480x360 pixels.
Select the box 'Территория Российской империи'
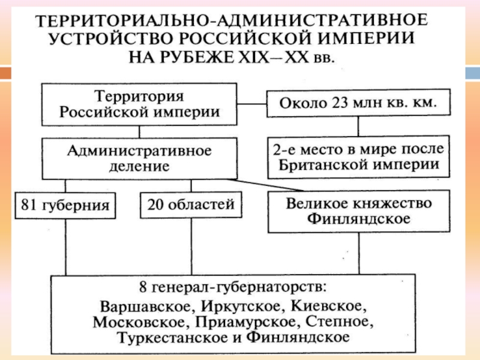(139, 104)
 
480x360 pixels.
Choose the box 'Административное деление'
(139, 157)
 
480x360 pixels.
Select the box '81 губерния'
(65, 205)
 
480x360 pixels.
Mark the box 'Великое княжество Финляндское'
(359, 211)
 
